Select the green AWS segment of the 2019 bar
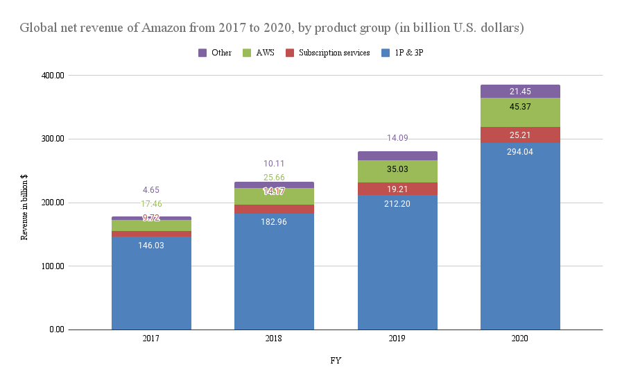click(397, 171)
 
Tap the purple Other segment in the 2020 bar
click(520, 91)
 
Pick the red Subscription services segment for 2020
click(520, 135)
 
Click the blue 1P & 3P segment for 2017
click(151, 284)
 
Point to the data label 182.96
click(274, 221)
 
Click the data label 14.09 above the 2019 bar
click(397, 138)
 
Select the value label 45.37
click(520, 106)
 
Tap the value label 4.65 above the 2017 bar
click(151, 190)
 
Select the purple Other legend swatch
click(203, 53)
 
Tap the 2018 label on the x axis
click(274, 338)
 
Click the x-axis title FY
click(336, 361)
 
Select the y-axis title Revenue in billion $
click(24, 206)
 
